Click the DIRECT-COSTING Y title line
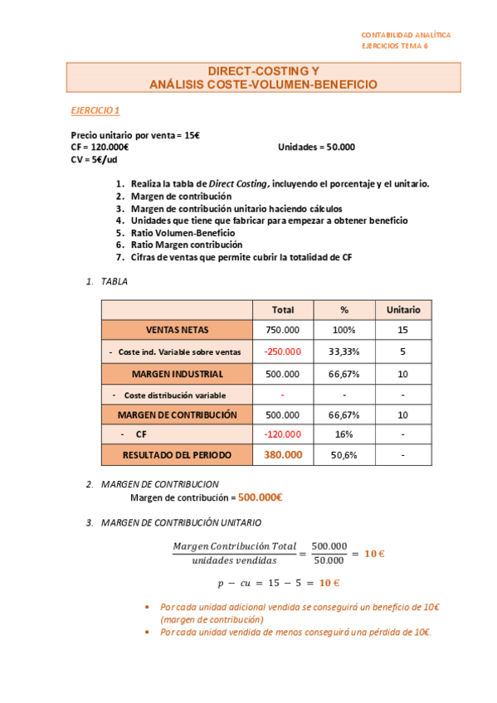point(263,71)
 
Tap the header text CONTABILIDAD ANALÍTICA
point(406,35)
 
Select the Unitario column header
point(403,310)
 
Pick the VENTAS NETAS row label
point(177,330)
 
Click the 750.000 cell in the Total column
point(282,330)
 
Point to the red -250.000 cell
point(282,351)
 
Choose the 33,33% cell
point(344,351)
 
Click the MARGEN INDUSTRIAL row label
point(177,374)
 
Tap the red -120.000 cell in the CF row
point(282,434)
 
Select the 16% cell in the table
point(344,434)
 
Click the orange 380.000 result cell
point(283,455)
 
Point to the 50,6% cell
point(344,455)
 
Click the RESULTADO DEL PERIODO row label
point(177,455)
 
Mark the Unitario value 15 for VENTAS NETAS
point(403,330)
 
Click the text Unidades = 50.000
point(316,147)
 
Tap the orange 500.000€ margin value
point(261,497)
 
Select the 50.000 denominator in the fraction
point(329,560)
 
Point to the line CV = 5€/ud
point(94,159)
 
